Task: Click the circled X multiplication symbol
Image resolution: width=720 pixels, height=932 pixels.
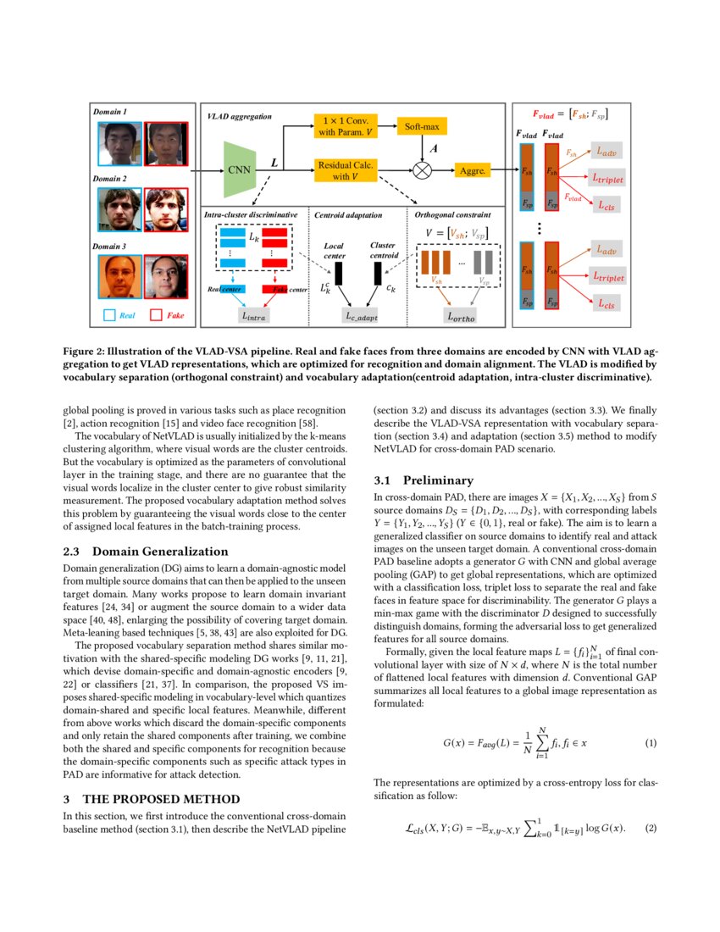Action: point(421,169)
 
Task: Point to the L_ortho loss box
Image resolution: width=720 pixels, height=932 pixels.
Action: point(462,316)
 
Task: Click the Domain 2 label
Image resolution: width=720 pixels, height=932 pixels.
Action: point(111,180)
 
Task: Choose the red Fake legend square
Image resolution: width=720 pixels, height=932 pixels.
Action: point(155,315)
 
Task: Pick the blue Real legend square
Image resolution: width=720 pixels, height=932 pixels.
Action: point(108,315)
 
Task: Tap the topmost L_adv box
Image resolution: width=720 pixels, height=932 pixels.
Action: point(607,152)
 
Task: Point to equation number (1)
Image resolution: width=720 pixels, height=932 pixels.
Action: point(651,742)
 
